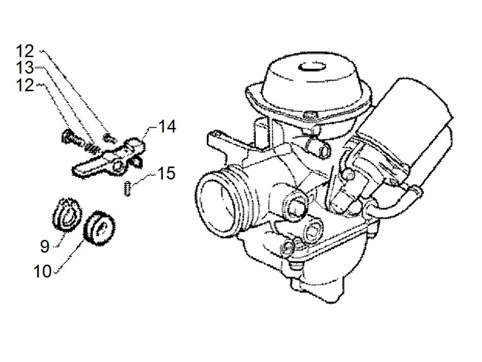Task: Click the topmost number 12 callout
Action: click(25, 52)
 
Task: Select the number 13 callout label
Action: click(25, 68)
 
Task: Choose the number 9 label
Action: click(45, 246)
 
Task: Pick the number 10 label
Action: click(42, 272)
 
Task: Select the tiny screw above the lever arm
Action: click(109, 138)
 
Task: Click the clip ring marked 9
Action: click(68, 213)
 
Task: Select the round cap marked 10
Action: click(99, 227)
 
